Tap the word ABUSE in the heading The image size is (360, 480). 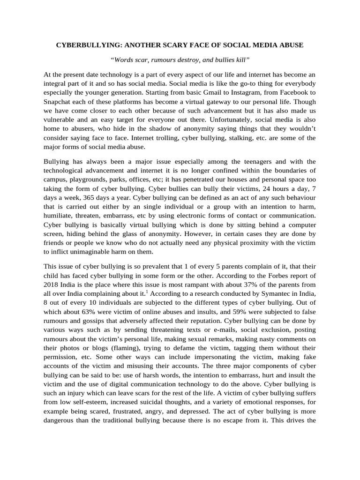[x=291, y=45]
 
